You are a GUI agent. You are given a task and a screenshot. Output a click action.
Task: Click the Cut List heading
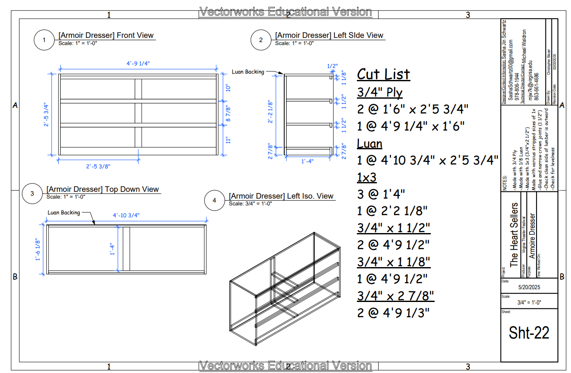coord(383,74)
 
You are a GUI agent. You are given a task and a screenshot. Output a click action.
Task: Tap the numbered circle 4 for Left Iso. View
coord(214,201)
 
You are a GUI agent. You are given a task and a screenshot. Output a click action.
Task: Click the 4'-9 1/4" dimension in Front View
coord(138,63)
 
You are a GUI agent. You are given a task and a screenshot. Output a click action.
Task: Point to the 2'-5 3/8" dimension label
coord(98,166)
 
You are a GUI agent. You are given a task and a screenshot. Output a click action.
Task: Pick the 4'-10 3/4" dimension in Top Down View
coord(126,215)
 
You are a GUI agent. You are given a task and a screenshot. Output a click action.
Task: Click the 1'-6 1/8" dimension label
coord(38,250)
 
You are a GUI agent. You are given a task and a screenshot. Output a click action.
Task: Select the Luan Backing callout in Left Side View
coord(248,72)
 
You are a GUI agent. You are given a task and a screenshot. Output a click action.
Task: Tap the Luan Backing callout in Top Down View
coord(64,212)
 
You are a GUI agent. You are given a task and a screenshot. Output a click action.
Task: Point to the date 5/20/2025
coord(529,287)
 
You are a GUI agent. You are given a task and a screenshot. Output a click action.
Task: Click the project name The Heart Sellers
coord(514,235)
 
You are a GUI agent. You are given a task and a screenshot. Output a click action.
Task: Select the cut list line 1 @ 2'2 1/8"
coord(392,211)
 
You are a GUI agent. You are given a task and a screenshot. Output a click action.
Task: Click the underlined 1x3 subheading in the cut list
coord(367,177)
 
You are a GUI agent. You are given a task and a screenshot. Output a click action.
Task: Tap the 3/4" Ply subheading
coord(380,92)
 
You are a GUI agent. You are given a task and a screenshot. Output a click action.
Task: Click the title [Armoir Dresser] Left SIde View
coord(329,35)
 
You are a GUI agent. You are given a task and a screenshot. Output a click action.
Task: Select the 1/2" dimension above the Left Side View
coord(333,66)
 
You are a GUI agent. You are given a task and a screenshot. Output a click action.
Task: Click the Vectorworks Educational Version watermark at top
coord(285,12)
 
